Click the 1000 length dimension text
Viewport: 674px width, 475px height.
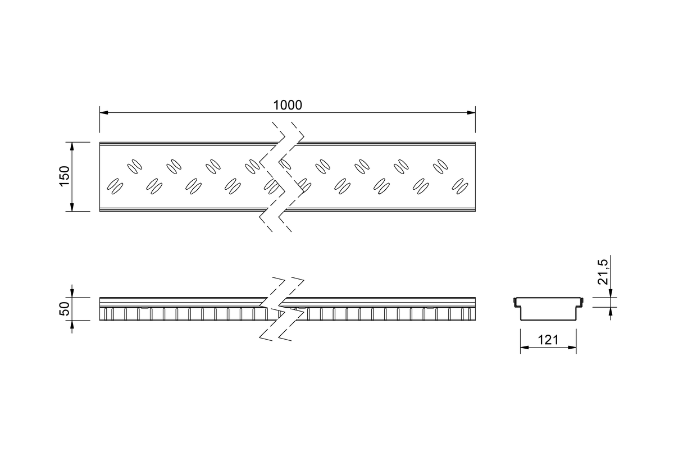(x=288, y=105)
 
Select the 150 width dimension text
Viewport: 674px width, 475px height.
(x=65, y=176)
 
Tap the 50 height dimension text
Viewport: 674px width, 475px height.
(x=65, y=309)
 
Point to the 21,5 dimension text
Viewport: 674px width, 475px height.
(x=603, y=272)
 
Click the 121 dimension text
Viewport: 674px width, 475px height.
(x=548, y=340)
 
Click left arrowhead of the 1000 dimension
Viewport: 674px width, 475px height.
(x=104, y=113)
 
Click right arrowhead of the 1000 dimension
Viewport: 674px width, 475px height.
(x=471, y=113)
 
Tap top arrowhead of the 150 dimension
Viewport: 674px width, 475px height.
(x=72, y=147)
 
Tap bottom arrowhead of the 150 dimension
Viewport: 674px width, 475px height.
(x=72, y=207)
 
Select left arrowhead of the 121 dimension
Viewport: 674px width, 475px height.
(x=525, y=348)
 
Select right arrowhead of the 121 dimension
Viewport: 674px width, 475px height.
(x=572, y=348)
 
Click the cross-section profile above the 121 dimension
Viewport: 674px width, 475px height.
(x=548, y=320)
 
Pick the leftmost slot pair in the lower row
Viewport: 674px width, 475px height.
(x=115, y=186)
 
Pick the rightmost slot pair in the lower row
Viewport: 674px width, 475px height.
(x=460, y=186)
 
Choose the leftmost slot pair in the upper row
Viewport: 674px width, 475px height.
(x=135, y=167)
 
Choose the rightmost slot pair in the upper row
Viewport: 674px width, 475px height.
(x=440, y=167)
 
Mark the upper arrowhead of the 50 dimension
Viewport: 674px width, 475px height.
(x=72, y=293)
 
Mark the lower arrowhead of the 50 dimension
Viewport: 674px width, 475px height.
(x=72, y=325)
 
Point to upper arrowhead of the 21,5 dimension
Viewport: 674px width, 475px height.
(x=611, y=293)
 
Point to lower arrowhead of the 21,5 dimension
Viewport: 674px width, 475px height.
(x=611, y=312)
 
